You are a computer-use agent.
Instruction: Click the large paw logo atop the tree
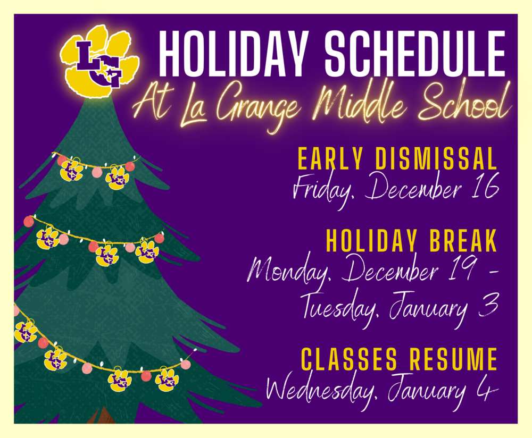tap(99, 62)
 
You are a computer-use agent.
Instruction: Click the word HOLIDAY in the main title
tap(234, 54)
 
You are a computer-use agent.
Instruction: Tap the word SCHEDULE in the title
tap(415, 54)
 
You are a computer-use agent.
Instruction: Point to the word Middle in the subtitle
tap(359, 102)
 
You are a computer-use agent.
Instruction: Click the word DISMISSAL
tap(436, 158)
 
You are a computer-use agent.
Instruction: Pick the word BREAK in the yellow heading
tap(463, 240)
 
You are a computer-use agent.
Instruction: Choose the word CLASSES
tap(349, 359)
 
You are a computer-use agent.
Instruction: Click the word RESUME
tap(453, 359)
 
